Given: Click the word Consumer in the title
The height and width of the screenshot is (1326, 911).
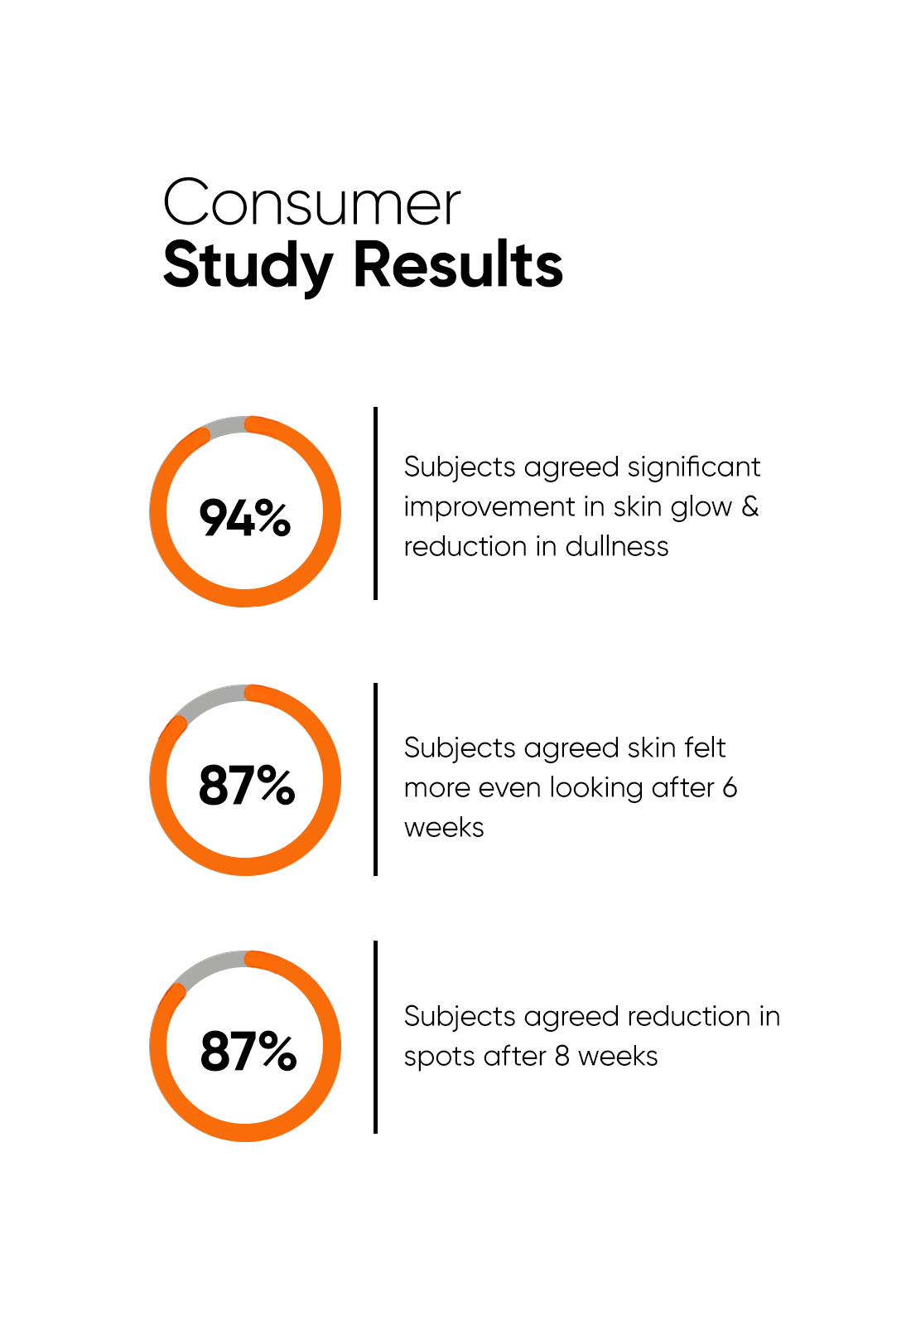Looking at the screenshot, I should (x=311, y=203).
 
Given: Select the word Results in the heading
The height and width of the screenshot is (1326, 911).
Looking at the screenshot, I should (x=458, y=265).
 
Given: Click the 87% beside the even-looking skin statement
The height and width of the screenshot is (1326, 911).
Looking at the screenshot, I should (x=247, y=785).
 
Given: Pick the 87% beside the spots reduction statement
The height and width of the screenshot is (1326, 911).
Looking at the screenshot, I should (x=248, y=1051).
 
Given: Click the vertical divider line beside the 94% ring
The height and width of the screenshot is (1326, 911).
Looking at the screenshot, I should (x=375, y=503).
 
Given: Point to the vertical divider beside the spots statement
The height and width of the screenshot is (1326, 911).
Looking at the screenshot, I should (x=375, y=1037).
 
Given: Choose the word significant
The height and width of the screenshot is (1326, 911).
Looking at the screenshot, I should (x=693, y=467).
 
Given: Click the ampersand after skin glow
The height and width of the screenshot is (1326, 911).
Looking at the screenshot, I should (x=750, y=506).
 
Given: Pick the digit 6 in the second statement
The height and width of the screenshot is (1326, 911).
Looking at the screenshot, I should (x=730, y=787).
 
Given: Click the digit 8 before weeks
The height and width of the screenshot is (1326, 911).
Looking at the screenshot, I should (x=562, y=1056).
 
